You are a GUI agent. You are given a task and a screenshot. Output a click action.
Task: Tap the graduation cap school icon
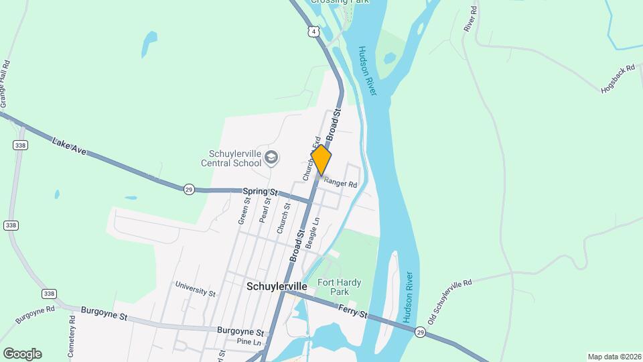pos(271,158)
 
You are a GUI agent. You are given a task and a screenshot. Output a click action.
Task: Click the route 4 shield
pos(313,32)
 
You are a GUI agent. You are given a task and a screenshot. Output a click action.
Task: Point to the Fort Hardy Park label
pos(334,287)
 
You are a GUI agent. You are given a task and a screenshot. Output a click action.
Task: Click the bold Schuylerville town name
pos(277,286)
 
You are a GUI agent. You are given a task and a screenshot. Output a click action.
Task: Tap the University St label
pos(196,289)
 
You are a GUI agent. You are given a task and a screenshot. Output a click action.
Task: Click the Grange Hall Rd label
pos(6,84)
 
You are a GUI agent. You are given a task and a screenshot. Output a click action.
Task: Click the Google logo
pos(22,354)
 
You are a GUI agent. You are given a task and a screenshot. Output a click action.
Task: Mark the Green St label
pos(244,210)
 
